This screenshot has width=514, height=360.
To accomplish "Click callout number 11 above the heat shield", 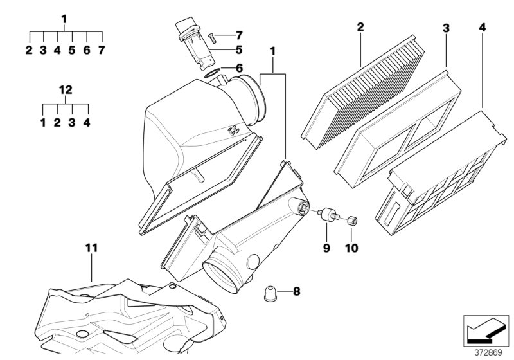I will (x=92, y=247).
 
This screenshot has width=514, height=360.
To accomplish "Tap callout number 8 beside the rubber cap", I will (x=296, y=292).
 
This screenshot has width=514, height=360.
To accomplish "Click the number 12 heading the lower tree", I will (x=64, y=89).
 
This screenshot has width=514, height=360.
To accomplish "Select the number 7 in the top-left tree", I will (x=101, y=50).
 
